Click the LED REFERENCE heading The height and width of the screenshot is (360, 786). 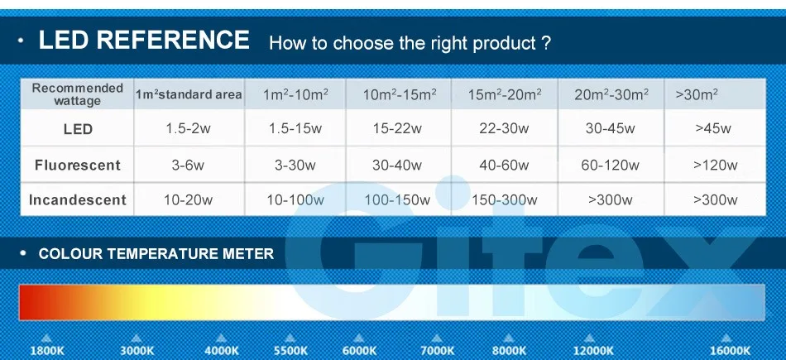144,40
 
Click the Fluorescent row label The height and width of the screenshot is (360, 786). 78,165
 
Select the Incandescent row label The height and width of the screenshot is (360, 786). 78,199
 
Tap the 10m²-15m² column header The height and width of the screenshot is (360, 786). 400,94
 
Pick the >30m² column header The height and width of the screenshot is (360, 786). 697,94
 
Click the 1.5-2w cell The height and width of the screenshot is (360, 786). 189,128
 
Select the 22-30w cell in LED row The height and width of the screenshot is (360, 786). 504,128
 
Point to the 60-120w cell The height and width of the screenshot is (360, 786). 610,165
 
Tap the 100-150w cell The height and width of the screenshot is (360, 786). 397,200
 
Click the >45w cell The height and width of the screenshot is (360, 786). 713,128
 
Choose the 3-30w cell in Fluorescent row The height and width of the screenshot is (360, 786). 295,165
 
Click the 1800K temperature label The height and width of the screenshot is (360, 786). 47,350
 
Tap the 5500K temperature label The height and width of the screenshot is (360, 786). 290,350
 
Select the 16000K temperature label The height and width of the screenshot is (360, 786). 730,350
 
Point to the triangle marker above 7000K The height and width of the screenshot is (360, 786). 437,338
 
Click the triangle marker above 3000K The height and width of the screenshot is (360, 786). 137,338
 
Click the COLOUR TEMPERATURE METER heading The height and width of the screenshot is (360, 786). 156,254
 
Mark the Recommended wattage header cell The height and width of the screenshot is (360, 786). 77,94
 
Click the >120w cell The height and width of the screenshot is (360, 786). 716,165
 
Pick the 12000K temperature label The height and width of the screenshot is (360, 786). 593,350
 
